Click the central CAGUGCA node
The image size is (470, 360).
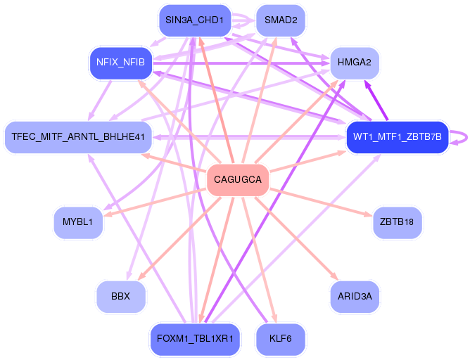click(x=237, y=181)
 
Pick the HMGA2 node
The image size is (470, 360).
click(x=355, y=63)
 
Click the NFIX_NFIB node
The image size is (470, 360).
click(x=121, y=63)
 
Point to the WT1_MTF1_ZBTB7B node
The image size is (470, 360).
click(x=398, y=136)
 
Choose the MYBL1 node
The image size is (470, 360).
click(x=77, y=222)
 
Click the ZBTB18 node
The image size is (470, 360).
click(x=398, y=222)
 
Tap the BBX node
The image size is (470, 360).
click(x=121, y=296)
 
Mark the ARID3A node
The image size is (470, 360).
click(x=355, y=296)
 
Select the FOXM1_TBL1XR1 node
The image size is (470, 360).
click(x=194, y=339)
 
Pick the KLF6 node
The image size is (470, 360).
click(x=281, y=339)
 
